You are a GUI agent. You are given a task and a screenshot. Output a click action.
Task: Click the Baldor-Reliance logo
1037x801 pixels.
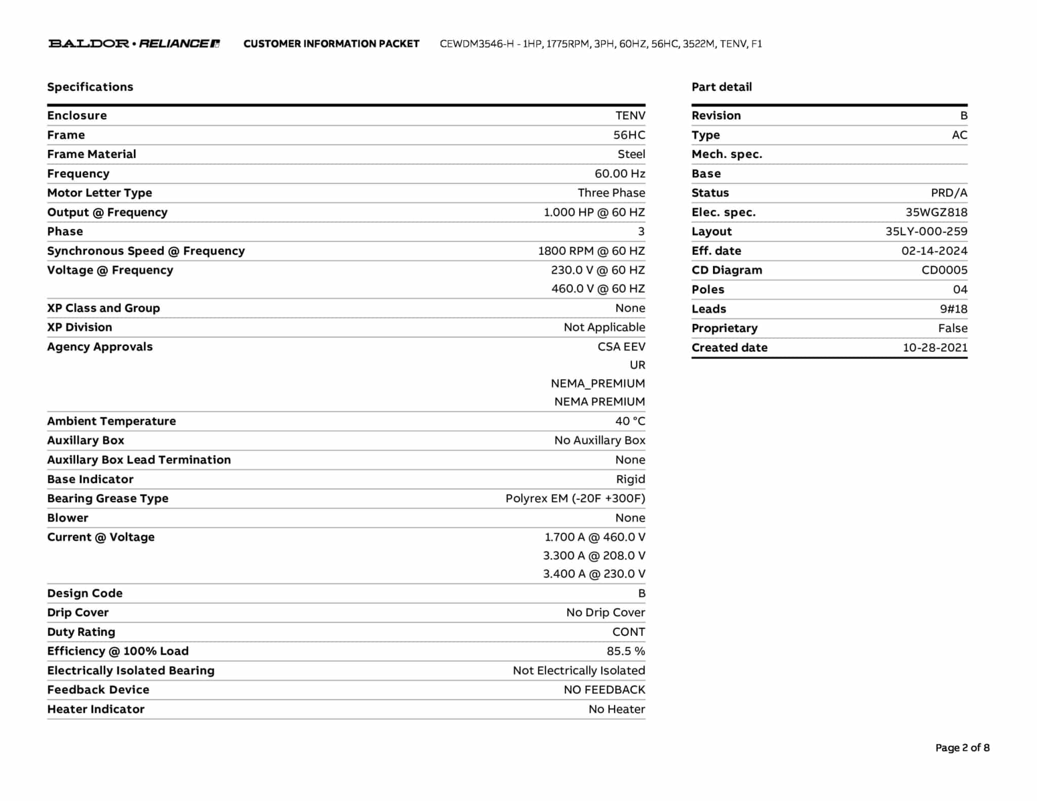134,44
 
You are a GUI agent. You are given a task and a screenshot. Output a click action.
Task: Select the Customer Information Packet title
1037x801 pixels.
331,44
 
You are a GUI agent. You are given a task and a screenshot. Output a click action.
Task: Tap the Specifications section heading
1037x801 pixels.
90,87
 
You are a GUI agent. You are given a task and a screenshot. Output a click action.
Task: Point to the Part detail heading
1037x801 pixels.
722,87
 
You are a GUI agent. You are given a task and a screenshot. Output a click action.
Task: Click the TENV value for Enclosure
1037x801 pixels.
630,115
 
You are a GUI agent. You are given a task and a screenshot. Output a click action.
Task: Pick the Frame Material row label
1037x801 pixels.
92,154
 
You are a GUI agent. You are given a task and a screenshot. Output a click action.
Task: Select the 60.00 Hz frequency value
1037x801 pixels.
620,174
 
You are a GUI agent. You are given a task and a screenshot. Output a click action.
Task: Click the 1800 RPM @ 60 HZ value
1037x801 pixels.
591,251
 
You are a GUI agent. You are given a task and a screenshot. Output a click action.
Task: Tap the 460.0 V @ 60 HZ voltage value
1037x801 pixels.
598,289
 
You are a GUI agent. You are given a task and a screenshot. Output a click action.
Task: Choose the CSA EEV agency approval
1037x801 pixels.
621,347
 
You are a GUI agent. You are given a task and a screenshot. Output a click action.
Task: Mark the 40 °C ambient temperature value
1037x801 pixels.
630,421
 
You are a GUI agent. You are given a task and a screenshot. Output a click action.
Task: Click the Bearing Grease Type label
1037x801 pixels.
108,498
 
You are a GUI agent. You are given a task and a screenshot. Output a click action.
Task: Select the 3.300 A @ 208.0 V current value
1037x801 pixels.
594,555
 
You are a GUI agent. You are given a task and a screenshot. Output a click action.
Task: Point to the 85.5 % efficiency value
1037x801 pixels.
626,651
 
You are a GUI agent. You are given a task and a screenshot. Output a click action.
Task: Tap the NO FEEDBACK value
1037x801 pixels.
605,690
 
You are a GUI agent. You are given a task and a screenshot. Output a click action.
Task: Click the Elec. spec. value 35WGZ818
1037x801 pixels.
936,212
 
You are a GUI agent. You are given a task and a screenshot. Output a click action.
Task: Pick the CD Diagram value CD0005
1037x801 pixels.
944,270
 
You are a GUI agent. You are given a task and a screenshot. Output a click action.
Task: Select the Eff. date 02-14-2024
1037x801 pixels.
934,251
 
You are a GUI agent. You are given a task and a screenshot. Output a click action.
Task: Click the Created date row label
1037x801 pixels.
730,348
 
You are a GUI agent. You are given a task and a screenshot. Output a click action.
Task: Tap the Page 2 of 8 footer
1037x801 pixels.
962,748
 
